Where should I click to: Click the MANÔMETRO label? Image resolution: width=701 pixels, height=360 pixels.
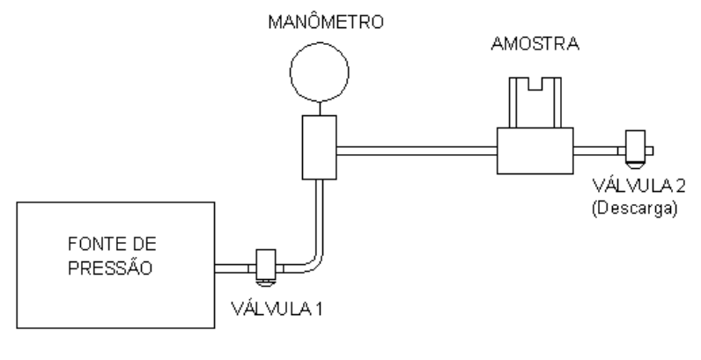pos(326,21)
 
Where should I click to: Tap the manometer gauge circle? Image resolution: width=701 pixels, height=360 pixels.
pos(320,43)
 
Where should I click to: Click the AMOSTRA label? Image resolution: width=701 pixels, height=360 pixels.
pos(535,44)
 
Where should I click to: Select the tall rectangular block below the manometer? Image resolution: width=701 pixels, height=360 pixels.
pos(320,147)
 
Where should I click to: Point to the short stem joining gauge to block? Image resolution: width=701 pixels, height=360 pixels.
pos(320,108)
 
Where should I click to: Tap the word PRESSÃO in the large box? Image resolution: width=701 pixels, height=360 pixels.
pos(110,267)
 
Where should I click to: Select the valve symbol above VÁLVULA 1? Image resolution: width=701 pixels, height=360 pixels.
pos(266,268)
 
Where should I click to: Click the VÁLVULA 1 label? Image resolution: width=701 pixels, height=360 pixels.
pos(277,308)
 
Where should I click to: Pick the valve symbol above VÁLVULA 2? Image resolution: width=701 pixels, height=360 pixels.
pos(635,149)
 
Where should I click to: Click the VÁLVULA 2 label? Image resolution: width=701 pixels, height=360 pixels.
pos(638,186)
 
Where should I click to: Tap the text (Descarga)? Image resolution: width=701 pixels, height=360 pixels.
pos(635,209)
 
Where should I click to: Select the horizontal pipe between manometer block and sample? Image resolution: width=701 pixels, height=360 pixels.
pos(417,151)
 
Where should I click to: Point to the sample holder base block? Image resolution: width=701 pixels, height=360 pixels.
pos(535,151)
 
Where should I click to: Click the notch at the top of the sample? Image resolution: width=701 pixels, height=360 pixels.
pos(535,84)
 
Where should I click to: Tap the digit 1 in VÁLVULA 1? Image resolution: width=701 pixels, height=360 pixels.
pos(318,308)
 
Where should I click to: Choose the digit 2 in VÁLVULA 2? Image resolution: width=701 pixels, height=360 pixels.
pos(680,186)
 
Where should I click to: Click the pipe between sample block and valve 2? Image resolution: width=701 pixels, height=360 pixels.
pos(595,151)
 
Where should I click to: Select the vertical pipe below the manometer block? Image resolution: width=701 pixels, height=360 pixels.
pos(320,215)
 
